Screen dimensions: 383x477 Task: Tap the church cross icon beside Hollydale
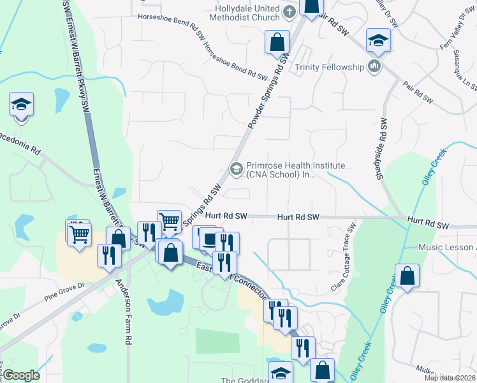289,11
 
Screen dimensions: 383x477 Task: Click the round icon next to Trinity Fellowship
374,66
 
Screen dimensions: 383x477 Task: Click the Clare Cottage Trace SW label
343,259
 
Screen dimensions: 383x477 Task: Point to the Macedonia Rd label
19,139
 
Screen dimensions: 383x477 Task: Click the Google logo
21,375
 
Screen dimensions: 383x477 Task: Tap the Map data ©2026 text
449,378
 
